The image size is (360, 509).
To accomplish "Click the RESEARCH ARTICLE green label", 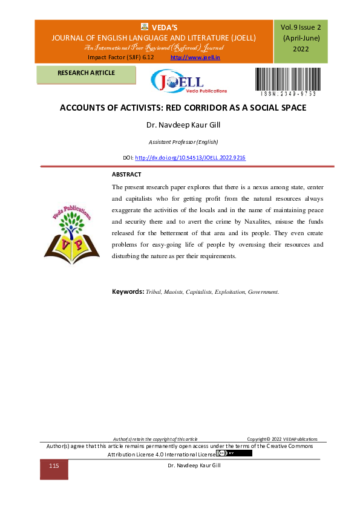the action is click(x=86, y=73).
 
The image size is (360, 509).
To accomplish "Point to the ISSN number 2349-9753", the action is click(x=288, y=94).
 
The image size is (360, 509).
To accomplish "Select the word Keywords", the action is click(x=127, y=291).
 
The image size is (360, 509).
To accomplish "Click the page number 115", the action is click(x=54, y=467).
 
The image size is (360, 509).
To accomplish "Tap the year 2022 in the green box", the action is click(x=301, y=49).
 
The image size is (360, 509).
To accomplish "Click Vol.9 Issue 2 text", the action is click(x=301, y=27).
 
